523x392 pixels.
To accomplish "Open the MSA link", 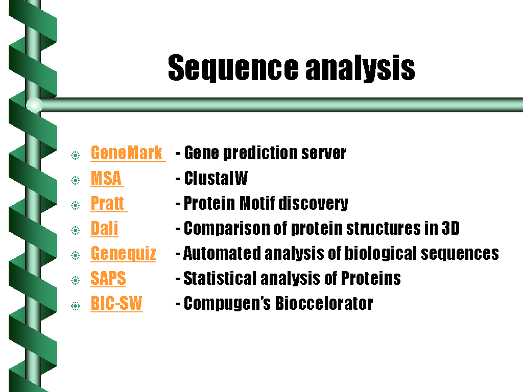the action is tap(106, 178).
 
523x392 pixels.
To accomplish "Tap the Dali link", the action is tap(104, 228).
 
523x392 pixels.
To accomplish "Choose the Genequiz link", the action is tap(124, 254).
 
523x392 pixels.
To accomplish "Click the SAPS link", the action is tap(108, 278).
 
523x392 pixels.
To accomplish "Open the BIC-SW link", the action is tap(117, 303).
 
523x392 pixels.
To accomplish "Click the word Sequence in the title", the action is tap(233, 68).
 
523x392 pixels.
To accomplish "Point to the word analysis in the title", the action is tap(360, 68).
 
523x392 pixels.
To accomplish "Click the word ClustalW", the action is tap(216, 178).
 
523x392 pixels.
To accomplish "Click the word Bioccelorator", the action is tap(324, 303).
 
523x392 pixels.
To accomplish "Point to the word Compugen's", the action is tap(227, 304).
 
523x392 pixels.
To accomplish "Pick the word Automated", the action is tap(222, 253).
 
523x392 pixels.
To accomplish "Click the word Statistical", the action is tap(220, 278).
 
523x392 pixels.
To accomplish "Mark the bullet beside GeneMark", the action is tap(76, 155).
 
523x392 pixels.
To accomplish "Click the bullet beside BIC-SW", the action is tap(76, 306).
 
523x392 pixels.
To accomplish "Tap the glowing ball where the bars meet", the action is tap(34, 105).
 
